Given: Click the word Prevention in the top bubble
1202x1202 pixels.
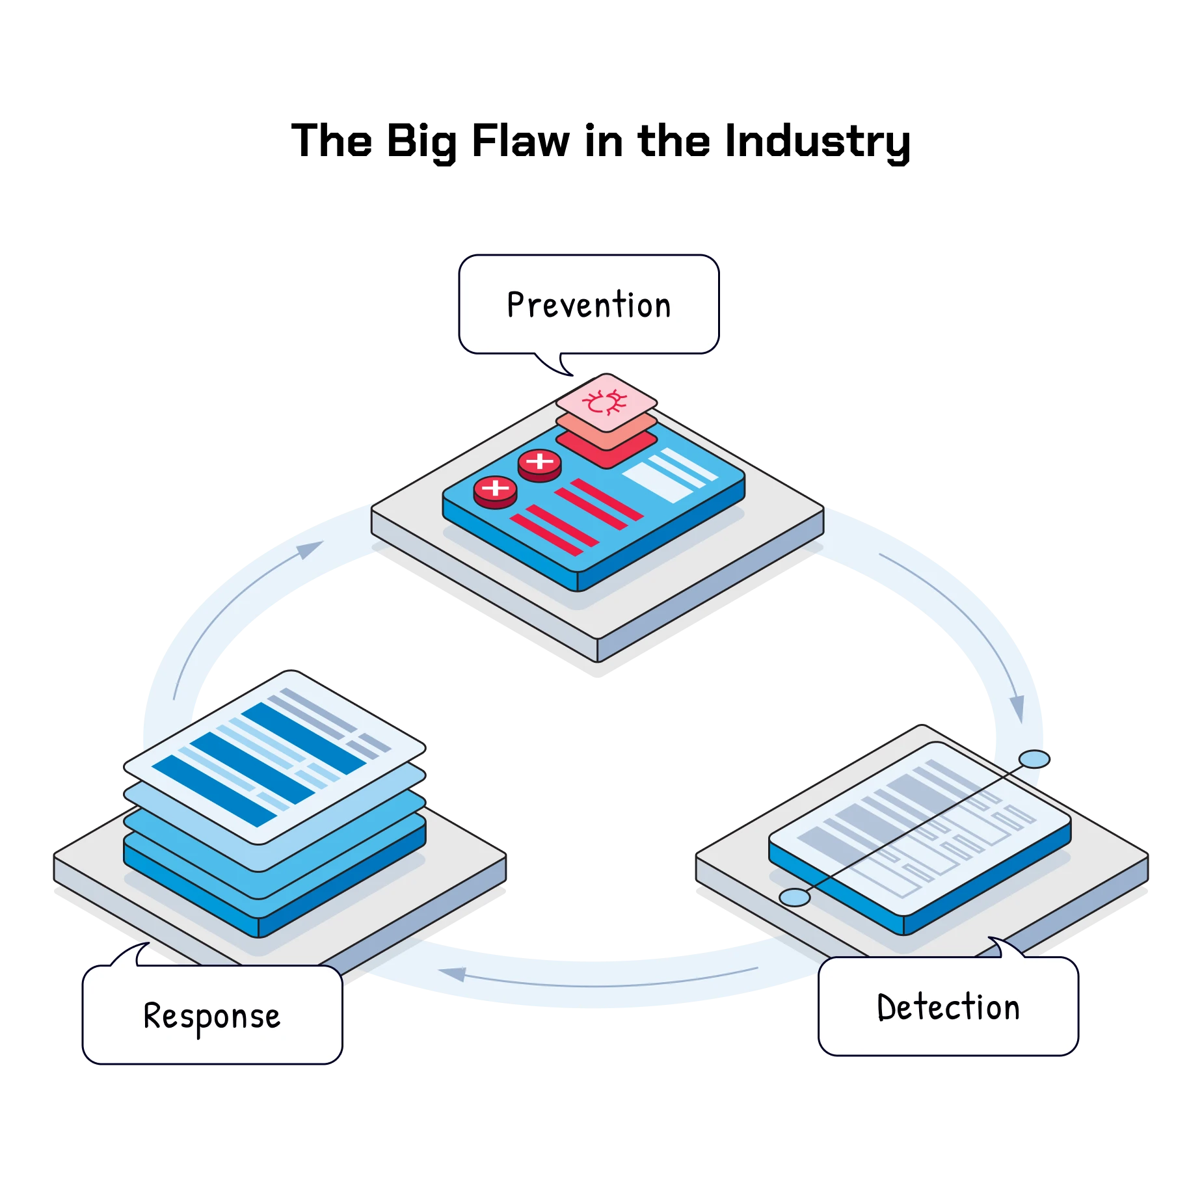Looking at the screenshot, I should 589,305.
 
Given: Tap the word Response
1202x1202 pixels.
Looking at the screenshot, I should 211,1017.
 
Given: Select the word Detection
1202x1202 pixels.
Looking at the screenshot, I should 948,1008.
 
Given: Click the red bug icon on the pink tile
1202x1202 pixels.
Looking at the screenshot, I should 605,403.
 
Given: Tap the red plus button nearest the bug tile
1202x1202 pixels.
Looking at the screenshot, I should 539,462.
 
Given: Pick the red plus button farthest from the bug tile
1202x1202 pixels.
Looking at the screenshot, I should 495,488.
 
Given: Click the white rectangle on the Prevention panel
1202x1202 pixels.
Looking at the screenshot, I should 657,482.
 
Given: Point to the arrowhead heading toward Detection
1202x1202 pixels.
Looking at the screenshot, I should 1017,708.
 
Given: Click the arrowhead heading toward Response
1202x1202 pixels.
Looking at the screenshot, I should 453,974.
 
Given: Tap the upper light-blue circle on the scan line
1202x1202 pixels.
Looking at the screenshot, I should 1034,759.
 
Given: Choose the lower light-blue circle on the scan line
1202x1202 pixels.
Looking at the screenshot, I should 794,898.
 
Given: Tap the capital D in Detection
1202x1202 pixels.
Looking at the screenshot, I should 886,1008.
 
